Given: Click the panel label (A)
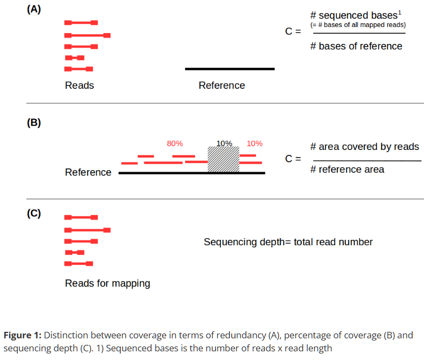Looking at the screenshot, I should (34, 10).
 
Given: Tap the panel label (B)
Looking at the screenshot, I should (34, 122).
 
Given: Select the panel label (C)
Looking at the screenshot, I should (34, 213).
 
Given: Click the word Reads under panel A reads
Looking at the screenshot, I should (79, 86).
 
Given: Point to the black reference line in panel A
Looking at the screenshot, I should (230, 69).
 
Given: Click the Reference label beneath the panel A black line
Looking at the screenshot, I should (221, 86).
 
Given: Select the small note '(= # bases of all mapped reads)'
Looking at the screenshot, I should (358, 25).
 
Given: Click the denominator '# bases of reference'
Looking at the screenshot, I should (356, 47).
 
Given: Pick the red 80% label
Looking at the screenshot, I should (174, 143).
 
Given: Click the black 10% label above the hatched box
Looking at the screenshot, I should (224, 143).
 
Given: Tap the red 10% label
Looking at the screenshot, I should (255, 143).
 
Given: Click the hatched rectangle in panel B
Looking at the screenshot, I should (224, 160).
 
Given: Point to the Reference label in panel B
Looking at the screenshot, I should (88, 173).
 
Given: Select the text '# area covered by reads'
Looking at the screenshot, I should (364, 147).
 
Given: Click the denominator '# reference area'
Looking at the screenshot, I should (347, 170).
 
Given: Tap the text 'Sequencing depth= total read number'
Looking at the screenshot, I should (288, 242).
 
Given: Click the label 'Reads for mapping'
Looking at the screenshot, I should (107, 283).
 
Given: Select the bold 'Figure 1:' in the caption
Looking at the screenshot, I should (22, 335).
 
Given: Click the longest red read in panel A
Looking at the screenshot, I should (87, 35).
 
